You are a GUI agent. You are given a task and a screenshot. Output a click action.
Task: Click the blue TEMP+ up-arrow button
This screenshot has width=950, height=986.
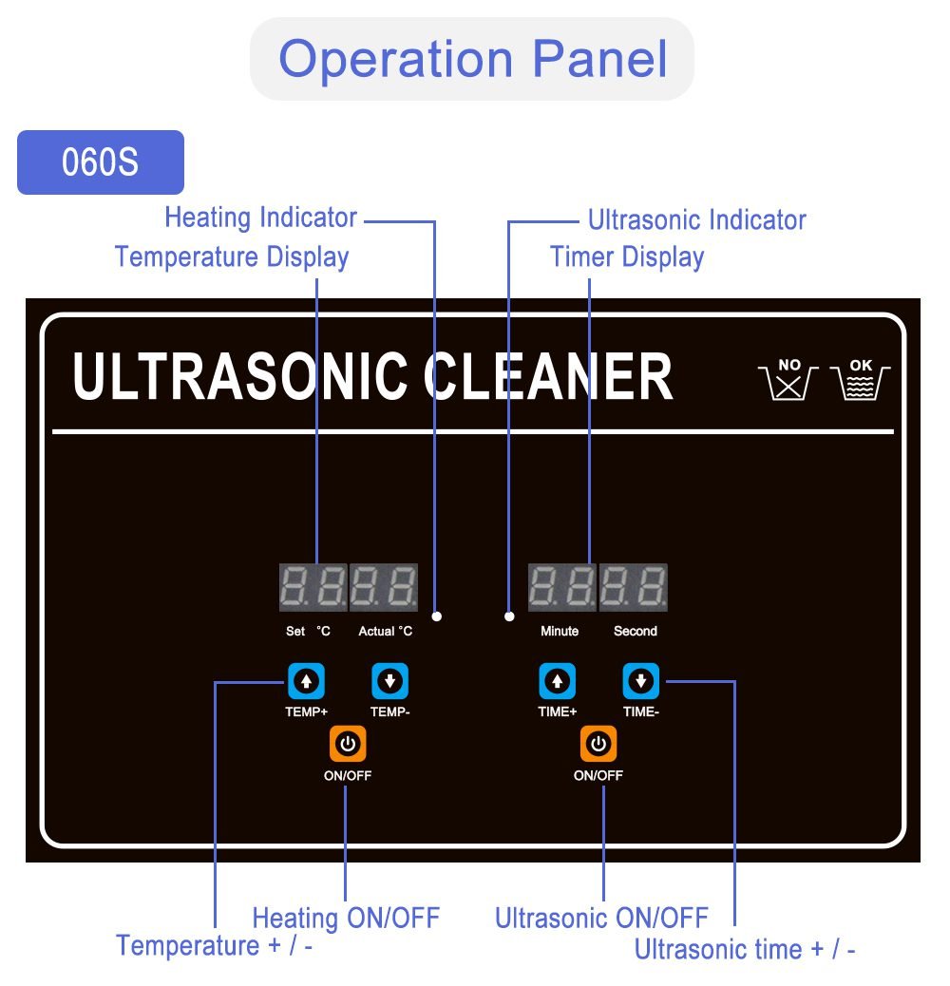click(x=306, y=681)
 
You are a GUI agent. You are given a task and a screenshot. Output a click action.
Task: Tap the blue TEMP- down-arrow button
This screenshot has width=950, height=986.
click(x=389, y=681)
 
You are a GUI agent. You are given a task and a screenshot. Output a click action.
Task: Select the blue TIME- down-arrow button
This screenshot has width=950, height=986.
click(x=641, y=681)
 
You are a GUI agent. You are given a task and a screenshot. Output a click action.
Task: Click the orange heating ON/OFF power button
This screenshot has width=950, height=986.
click(x=348, y=744)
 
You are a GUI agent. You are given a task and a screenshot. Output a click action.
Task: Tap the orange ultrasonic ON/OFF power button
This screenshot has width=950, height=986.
click(x=598, y=744)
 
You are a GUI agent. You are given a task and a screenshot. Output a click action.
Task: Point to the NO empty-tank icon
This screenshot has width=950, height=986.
click(x=788, y=380)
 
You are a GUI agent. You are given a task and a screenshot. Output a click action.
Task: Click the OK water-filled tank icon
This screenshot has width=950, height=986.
click(x=861, y=380)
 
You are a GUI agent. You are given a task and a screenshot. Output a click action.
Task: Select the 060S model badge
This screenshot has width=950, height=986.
click(x=101, y=162)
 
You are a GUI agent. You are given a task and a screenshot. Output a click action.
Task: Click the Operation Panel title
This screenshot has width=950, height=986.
click(x=472, y=58)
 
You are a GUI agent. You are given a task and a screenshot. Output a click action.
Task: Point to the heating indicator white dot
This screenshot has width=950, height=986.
click(x=437, y=616)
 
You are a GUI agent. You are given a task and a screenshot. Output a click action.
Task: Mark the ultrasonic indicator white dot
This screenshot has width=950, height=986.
click(x=509, y=616)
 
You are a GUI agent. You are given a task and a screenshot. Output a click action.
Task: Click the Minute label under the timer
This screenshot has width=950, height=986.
click(x=560, y=632)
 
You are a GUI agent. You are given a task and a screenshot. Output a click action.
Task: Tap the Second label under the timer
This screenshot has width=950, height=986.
click(x=636, y=632)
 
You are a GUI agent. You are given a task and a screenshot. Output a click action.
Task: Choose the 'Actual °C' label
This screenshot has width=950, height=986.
click(x=386, y=632)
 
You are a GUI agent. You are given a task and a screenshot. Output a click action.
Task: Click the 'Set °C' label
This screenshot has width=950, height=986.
click(x=309, y=632)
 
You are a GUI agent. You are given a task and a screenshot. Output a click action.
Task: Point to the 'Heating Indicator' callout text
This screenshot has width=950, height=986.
click(x=260, y=218)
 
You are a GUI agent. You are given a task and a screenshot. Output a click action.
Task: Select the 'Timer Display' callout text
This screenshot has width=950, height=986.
click(x=627, y=257)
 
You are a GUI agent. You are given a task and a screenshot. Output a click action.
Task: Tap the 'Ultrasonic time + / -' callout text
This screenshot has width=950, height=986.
click(x=745, y=949)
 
